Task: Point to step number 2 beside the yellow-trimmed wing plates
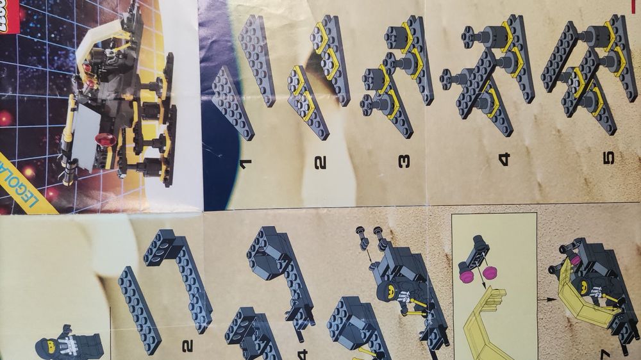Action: point(320,161)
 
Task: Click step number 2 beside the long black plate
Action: point(187,346)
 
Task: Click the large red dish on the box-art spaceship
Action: point(106,140)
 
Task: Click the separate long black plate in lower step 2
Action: point(138,307)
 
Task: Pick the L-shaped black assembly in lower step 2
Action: point(183,275)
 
